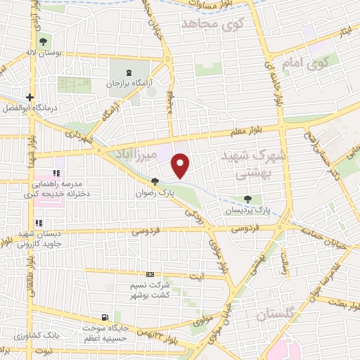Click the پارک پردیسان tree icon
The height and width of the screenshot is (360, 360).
tap(248, 199)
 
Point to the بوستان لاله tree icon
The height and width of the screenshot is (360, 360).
tap(44, 41)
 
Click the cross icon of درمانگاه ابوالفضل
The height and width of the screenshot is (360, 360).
tap(30, 98)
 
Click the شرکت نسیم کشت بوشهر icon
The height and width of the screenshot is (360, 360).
tap(149, 275)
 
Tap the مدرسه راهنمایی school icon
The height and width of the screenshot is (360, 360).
tap(58, 173)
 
